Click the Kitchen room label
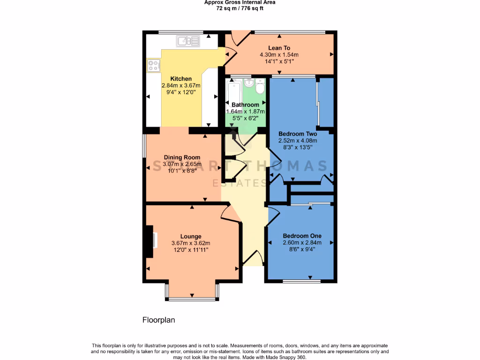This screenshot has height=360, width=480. [180, 79]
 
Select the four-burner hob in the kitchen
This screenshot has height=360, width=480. [153, 66]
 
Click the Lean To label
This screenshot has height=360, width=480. [279, 48]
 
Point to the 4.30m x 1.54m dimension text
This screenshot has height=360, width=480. [279, 54]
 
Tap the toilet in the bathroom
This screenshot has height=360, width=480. [260, 87]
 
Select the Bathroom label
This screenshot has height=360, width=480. [245, 105]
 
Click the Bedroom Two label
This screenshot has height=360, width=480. [298, 134]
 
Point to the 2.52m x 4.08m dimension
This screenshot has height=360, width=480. [298, 141]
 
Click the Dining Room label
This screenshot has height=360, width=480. [182, 157]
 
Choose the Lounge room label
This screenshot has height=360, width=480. [191, 236]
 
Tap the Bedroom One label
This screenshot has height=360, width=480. [302, 236]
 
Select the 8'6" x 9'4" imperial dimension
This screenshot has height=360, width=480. [302, 249]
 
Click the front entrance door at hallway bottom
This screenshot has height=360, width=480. [253, 258]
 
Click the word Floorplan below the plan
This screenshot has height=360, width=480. [158, 320]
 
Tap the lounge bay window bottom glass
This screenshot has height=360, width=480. [191, 299]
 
